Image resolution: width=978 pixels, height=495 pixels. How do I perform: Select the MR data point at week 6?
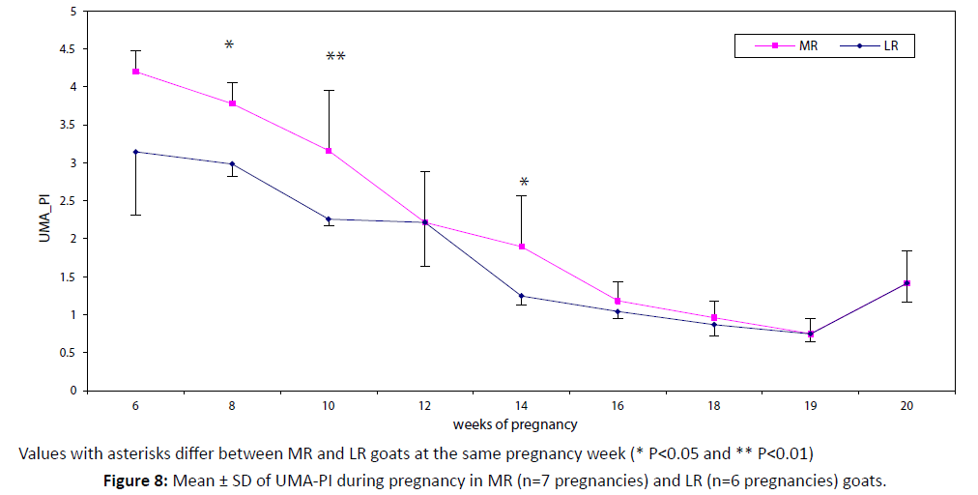pos(136,72)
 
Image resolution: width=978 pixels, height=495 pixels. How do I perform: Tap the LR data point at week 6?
pos(136,152)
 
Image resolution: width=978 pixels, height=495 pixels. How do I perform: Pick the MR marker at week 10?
pos(329,151)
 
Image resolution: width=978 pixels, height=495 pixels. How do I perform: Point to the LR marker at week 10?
pos(329,218)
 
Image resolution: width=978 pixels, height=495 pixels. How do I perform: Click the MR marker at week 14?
pos(522,247)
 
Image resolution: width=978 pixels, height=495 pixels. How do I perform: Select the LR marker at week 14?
pos(522,296)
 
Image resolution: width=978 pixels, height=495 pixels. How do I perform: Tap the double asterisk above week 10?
pos(335,57)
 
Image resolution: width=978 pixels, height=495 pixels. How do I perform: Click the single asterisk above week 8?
pos(229,45)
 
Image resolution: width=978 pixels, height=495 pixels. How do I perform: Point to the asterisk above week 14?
pos(524,183)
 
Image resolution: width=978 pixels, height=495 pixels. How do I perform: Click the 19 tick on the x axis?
pos(810,407)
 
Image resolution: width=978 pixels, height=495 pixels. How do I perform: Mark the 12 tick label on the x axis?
pos(425,407)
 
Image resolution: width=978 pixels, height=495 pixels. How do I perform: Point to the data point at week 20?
pos(906,283)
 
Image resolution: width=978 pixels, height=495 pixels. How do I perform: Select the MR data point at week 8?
pos(233,103)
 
